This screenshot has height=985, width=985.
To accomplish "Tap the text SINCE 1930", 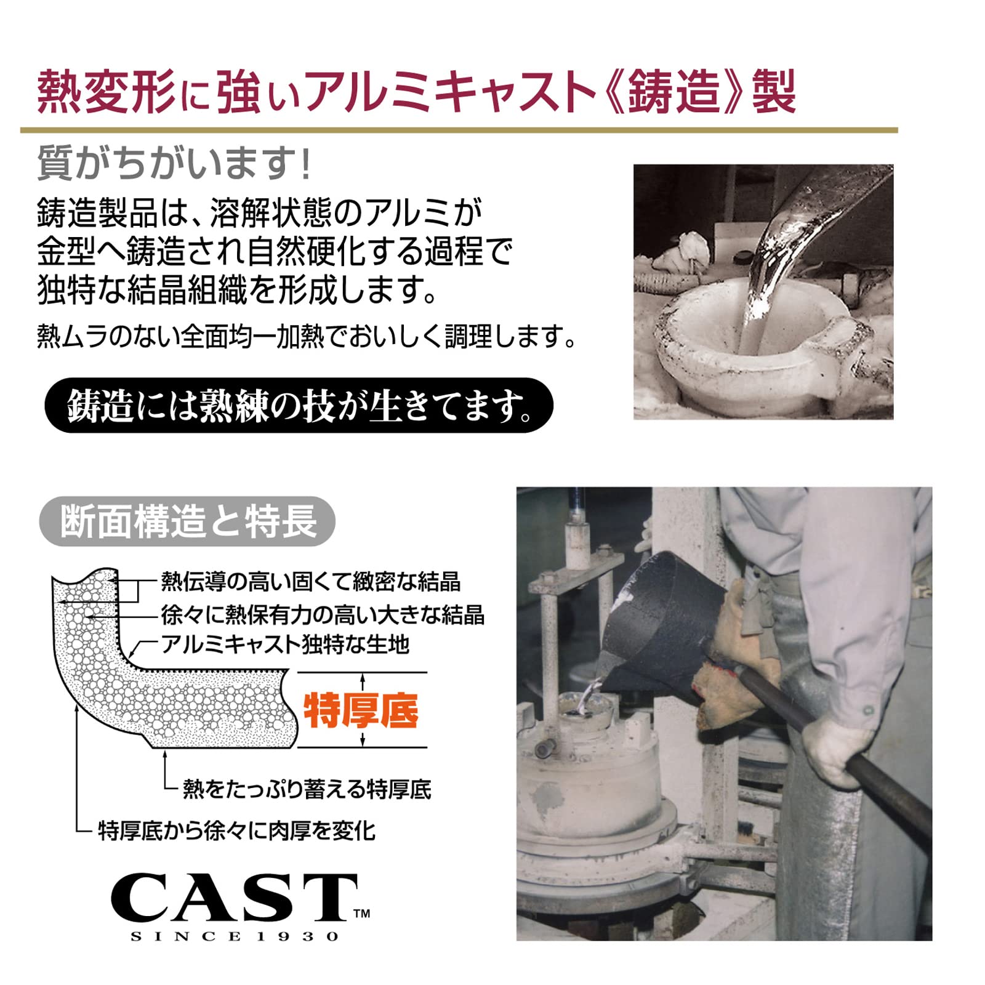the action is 235,936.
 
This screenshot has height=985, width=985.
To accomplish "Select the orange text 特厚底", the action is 361,710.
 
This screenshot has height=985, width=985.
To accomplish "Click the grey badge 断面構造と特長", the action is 187,521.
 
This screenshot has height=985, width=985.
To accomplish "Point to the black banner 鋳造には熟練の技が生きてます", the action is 299,405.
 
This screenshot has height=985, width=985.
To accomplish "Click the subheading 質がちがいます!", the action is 174,163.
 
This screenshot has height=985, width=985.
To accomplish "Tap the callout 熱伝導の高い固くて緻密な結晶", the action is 311,581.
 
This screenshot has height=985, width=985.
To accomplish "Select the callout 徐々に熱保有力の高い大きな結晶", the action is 323,614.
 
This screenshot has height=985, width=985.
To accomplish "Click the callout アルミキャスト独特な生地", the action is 285,644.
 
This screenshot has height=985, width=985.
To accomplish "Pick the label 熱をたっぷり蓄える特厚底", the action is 307,789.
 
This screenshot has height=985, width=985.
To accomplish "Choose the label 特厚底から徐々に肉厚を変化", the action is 237,830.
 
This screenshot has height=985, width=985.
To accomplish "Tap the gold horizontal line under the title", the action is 459,131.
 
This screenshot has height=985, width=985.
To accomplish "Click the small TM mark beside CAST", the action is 362,913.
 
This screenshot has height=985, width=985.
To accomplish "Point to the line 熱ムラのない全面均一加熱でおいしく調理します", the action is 307,336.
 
